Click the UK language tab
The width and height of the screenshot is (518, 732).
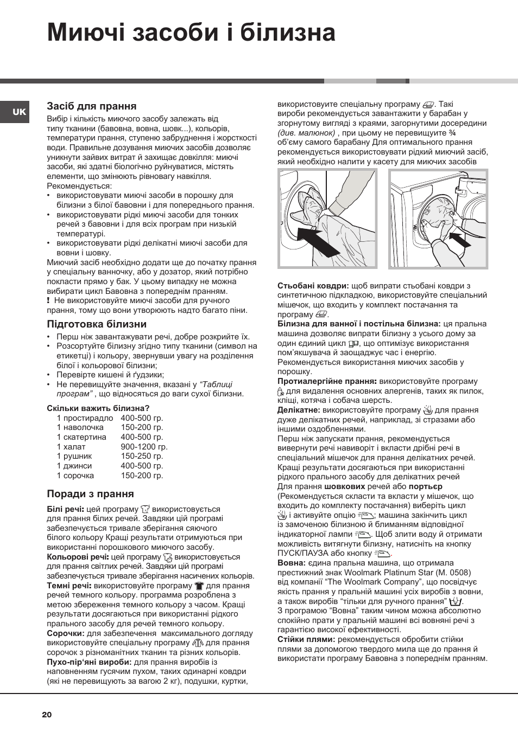coord(19,112)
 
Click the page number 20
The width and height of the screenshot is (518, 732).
coord(47,715)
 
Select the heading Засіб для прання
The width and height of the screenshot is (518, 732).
coord(91,106)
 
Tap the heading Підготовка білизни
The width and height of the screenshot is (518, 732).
coord(97,324)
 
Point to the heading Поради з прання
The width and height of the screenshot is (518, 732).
coord(90,494)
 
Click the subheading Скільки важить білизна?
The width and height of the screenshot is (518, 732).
coord(98,408)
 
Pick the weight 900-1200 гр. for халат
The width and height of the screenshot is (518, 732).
coord(144,447)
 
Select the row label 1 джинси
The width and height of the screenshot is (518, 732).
coord(74,466)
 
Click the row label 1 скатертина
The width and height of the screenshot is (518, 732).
coord(81,437)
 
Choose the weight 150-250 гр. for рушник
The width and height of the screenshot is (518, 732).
coord(142,456)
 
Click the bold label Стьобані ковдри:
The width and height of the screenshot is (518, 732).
coord(313,286)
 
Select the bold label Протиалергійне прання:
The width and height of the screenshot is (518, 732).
coord(327,381)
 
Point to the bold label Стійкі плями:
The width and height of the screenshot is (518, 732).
coord(306,639)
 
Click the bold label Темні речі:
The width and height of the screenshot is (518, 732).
coord(69,586)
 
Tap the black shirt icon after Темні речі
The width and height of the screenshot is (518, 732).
coord(199,586)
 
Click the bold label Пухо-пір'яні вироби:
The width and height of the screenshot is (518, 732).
coord(89,662)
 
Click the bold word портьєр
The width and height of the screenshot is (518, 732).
coord(425,486)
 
